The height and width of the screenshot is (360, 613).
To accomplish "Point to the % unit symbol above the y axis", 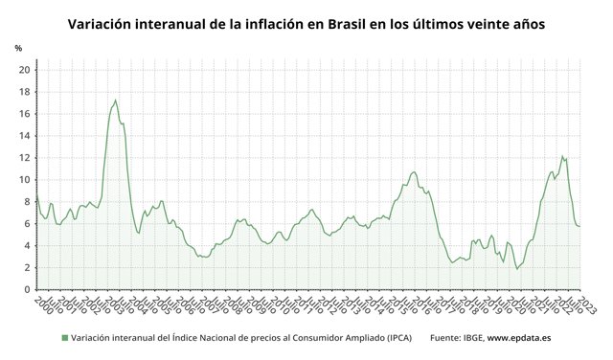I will tap(18, 48).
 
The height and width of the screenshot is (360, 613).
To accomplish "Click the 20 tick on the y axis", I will tap(25, 70).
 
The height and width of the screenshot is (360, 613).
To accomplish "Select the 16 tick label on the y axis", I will tap(25, 114).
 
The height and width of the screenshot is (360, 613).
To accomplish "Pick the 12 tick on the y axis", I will tap(25, 158).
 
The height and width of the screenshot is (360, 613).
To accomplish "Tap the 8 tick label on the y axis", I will tap(28, 202).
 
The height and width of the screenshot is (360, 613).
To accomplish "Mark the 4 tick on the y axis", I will tap(28, 246).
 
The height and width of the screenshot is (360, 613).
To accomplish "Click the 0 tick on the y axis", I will tap(28, 290).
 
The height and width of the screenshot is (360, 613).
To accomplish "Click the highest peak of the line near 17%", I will tap(116, 101).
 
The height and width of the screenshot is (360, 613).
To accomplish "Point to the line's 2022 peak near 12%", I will tap(562, 156).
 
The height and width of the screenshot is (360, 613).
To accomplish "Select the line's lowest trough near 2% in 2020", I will tap(517, 269).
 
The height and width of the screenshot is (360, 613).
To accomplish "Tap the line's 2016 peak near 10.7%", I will tap(414, 172).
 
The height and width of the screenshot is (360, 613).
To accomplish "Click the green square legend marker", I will tap(64, 337).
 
